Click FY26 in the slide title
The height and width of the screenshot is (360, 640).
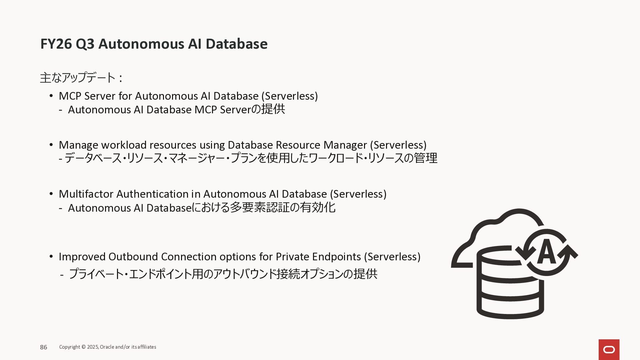[56, 44]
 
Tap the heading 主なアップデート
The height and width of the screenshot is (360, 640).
[77, 78]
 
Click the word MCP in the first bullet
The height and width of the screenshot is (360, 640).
[70, 96]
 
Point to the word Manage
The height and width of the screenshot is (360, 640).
[78, 145]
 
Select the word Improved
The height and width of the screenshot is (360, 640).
[82, 257]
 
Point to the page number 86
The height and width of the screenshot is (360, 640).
[44, 347]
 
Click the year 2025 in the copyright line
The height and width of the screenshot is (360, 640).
[93, 347]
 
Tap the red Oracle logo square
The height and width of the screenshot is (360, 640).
[609, 349]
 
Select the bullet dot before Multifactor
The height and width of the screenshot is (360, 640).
[51, 194]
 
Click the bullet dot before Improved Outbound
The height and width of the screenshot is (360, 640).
[51, 256]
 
